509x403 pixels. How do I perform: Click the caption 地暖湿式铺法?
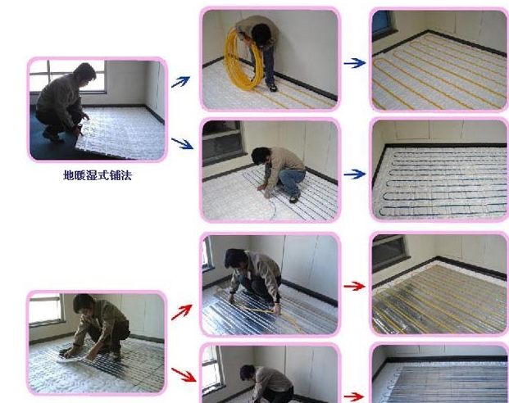(98, 175)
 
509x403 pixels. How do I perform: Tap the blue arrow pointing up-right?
(181, 81)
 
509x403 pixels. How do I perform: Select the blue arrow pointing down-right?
(182, 143)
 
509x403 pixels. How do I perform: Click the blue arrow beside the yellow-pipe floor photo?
(355, 63)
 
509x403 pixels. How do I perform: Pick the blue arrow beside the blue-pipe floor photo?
(355, 174)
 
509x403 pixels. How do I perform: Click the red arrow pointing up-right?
(181, 312)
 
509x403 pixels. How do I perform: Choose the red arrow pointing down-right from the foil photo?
(184, 374)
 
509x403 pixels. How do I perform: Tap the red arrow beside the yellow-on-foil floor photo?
(354, 286)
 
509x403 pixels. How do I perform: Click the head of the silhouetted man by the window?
(84, 73)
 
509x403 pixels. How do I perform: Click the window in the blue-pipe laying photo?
(223, 140)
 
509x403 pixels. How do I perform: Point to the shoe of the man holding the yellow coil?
(272, 87)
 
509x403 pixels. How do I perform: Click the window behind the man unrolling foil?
(46, 309)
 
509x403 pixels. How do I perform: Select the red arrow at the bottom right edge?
(354, 396)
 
